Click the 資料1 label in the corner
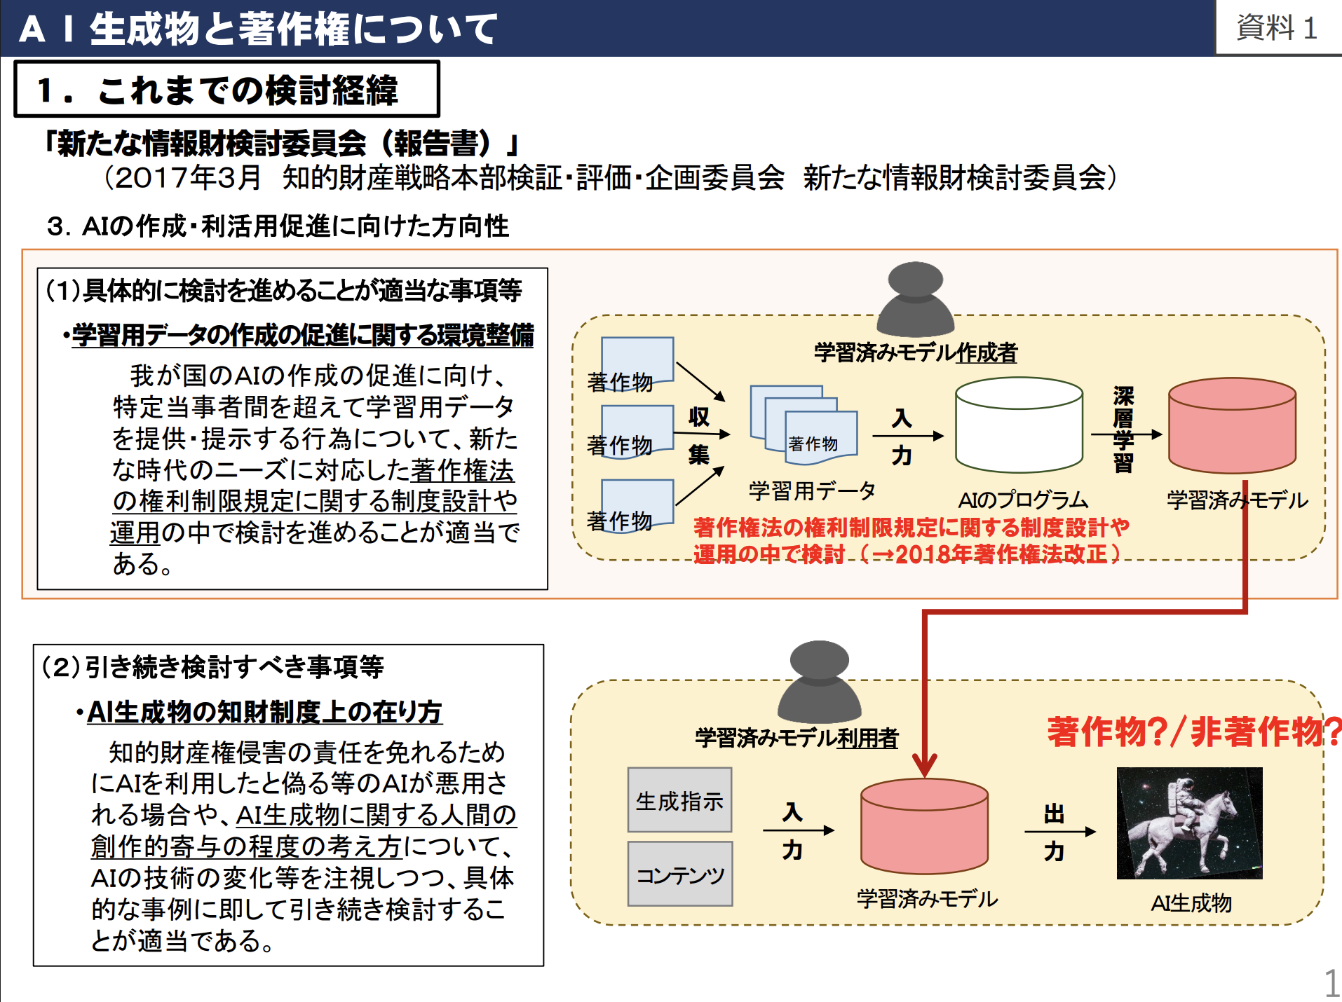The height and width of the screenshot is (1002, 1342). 1276,28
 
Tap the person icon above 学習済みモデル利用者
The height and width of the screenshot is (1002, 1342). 819,681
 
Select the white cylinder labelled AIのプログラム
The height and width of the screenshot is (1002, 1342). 1019,425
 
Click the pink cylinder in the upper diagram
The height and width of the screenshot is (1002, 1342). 1232,425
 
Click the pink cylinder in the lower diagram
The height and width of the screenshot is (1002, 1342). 924,826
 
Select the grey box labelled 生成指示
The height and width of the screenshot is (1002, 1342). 679,799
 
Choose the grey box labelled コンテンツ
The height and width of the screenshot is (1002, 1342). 680,874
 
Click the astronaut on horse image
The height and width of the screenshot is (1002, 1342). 1189,823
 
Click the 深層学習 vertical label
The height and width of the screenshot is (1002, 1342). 1123,429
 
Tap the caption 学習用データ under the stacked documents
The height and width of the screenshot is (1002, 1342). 812,490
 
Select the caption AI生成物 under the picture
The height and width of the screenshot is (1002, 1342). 1191,903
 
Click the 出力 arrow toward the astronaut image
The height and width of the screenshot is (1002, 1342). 1060,832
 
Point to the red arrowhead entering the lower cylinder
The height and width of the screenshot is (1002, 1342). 925,765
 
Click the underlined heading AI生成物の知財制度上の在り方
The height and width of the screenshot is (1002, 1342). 264,712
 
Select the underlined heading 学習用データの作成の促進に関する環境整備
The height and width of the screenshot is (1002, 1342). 303,335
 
